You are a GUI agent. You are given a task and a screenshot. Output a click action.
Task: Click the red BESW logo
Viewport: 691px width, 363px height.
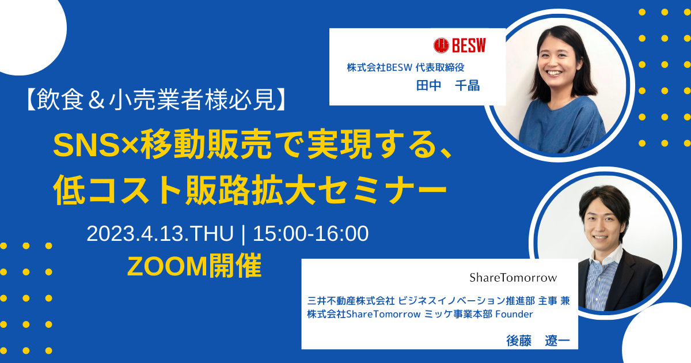[460, 46]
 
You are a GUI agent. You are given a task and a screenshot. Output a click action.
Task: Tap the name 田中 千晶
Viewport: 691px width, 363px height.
[448, 85]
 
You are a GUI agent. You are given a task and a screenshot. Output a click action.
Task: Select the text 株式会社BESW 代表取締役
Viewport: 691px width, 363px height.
[405, 67]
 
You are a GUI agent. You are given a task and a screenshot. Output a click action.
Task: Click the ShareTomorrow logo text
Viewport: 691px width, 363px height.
[513, 278]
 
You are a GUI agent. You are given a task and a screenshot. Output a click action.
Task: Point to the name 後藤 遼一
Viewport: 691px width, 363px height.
[538, 341]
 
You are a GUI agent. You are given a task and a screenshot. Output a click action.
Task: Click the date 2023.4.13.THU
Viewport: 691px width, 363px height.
[160, 233]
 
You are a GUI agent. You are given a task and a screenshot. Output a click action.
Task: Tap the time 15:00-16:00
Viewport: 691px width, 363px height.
[310, 233]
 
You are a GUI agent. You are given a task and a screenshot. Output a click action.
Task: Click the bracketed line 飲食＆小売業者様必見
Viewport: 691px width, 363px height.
[157, 100]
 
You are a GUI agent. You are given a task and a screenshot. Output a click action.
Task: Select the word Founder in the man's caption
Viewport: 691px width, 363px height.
[514, 314]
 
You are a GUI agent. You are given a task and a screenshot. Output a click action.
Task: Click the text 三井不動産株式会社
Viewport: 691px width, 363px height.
[351, 300]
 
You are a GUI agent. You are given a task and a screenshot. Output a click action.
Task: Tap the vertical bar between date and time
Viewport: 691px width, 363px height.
[244, 234]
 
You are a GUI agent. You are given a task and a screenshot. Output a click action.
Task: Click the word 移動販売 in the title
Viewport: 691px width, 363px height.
[206, 145]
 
